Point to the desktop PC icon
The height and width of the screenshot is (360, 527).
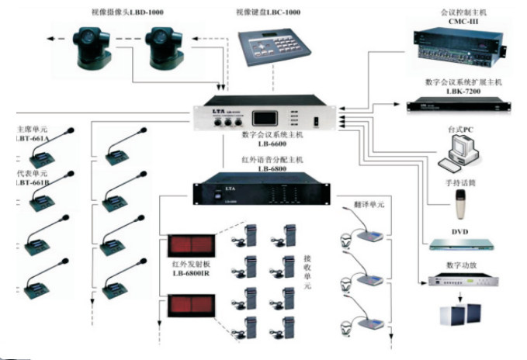(460, 152)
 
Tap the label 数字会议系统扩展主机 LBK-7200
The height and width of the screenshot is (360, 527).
(464, 86)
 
